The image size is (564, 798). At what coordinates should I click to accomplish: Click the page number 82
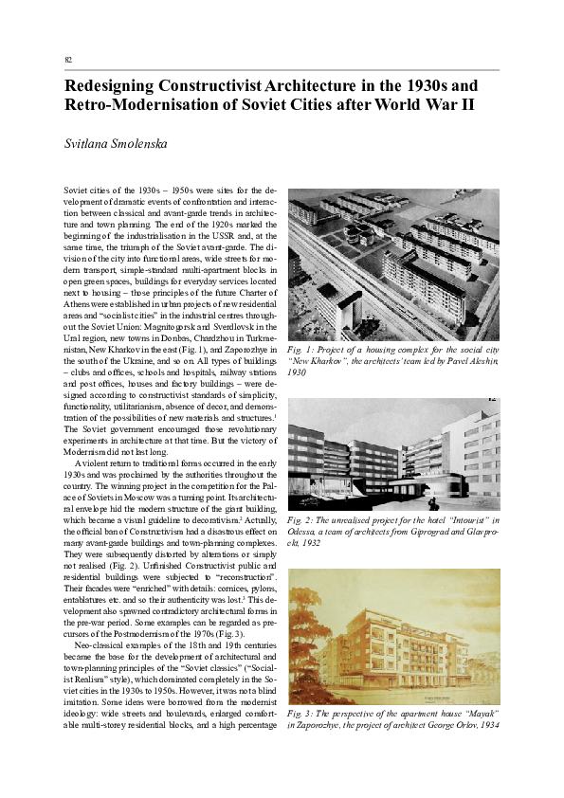pyautogui.click(x=68, y=59)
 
